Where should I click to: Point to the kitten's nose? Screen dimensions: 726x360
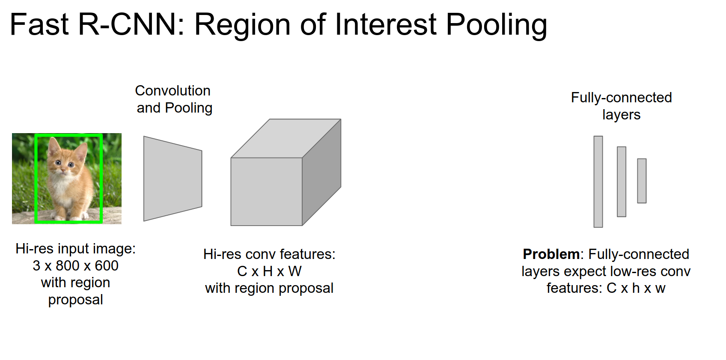63,171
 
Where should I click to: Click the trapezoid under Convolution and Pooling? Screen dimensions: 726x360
173,179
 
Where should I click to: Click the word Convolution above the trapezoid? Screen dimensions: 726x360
173,91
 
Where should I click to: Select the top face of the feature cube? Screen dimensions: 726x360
286,138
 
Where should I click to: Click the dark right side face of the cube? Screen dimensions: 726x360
321,172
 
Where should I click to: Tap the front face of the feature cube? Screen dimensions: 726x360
266,191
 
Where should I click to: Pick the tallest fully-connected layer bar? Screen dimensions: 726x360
598,182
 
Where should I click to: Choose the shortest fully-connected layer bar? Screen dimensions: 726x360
642,181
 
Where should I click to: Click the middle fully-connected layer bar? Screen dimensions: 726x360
621,182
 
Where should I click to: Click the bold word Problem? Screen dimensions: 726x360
551,254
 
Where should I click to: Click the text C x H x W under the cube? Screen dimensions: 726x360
269,271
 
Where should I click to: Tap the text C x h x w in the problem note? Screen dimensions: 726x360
636,288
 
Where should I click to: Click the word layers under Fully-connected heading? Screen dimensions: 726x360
621,115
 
